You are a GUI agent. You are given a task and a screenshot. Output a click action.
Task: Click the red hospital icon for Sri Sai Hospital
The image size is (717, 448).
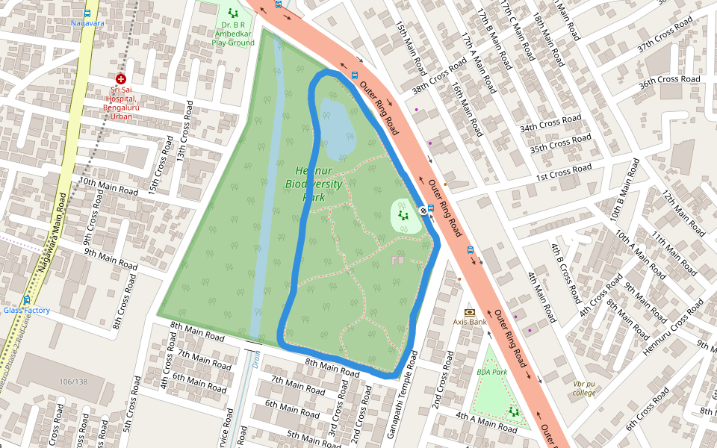click(120, 78)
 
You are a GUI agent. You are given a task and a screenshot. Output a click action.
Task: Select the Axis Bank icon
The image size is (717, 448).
click(470, 312)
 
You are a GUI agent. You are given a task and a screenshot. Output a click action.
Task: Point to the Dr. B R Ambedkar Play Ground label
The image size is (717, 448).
click(233, 34)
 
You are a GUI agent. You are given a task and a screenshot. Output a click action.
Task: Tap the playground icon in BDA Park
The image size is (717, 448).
click(513, 411)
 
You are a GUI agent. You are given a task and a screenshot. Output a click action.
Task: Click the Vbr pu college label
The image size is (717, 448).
click(584, 388)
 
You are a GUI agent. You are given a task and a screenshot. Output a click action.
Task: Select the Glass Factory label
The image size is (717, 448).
click(27, 310)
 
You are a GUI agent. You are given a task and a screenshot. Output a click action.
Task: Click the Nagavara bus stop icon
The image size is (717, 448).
click(87, 13)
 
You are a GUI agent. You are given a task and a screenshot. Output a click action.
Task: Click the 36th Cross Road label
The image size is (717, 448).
click(669, 79)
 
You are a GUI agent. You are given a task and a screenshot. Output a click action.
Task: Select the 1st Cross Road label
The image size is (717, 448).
click(564, 172)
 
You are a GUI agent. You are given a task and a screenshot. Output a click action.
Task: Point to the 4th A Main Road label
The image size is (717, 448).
click(486, 421)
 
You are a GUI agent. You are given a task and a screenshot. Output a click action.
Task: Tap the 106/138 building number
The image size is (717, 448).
click(73, 382)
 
